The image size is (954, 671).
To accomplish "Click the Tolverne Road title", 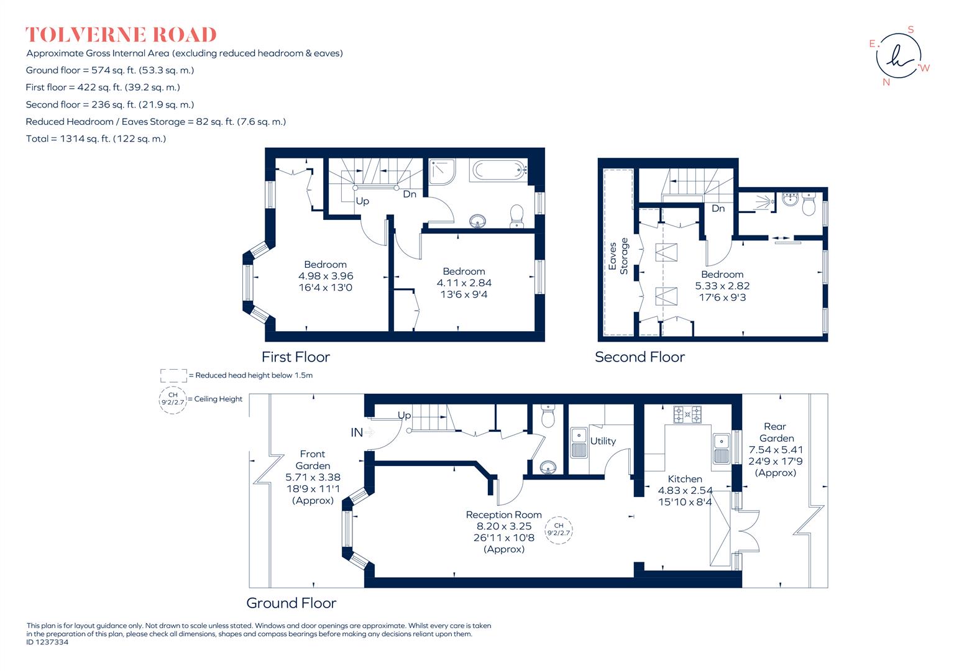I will click(121, 35).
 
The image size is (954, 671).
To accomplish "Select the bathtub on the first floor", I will click(499, 170).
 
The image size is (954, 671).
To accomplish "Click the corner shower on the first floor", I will click(443, 170).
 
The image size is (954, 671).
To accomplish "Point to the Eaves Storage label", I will click(618, 255).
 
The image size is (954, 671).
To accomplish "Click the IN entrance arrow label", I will click(357, 432).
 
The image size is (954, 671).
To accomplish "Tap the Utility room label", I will click(603, 441).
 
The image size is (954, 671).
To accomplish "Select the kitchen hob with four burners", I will click(688, 414).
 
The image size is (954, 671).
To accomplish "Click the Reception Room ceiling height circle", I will click(558, 529).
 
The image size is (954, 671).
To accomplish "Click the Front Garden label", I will click(313, 460).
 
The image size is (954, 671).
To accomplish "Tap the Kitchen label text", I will click(685, 479).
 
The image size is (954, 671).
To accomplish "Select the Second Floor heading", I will click(640, 357).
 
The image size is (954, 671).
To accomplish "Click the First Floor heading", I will click(295, 357).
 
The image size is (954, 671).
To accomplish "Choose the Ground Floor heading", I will click(291, 603).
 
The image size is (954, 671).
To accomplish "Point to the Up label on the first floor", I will click(362, 201).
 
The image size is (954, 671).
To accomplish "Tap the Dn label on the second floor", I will click(718, 209).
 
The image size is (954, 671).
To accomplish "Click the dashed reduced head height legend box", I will click(173, 375).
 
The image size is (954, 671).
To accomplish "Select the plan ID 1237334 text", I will click(47, 643).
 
